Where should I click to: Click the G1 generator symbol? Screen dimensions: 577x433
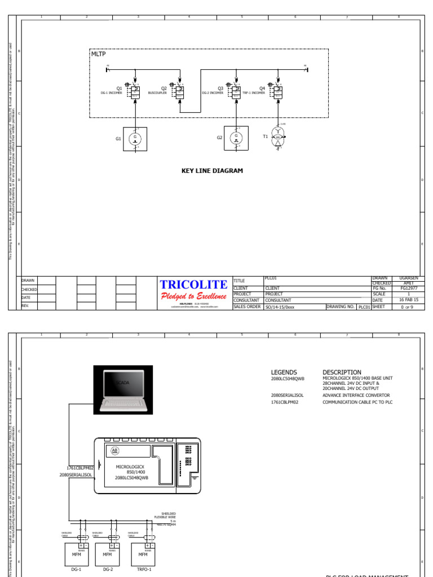click(135, 139)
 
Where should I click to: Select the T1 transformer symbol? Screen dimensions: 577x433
click(278, 138)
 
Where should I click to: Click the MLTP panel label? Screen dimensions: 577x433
click(98, 54)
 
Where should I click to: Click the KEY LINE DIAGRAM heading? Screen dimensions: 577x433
click(212, 171)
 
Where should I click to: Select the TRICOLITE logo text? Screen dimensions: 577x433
click(194, 285)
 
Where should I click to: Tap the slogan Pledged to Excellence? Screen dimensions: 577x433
click(194, 297)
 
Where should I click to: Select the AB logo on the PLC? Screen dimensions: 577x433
click(116, 451)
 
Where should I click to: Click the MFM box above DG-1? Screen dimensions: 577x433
click(77, 554)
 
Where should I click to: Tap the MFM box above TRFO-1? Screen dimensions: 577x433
click(143, 554)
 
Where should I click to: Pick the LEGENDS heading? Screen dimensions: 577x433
click(284, 372)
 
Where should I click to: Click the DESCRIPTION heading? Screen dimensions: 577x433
click(342, 372)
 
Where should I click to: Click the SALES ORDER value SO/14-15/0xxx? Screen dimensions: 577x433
click(280, 307)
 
